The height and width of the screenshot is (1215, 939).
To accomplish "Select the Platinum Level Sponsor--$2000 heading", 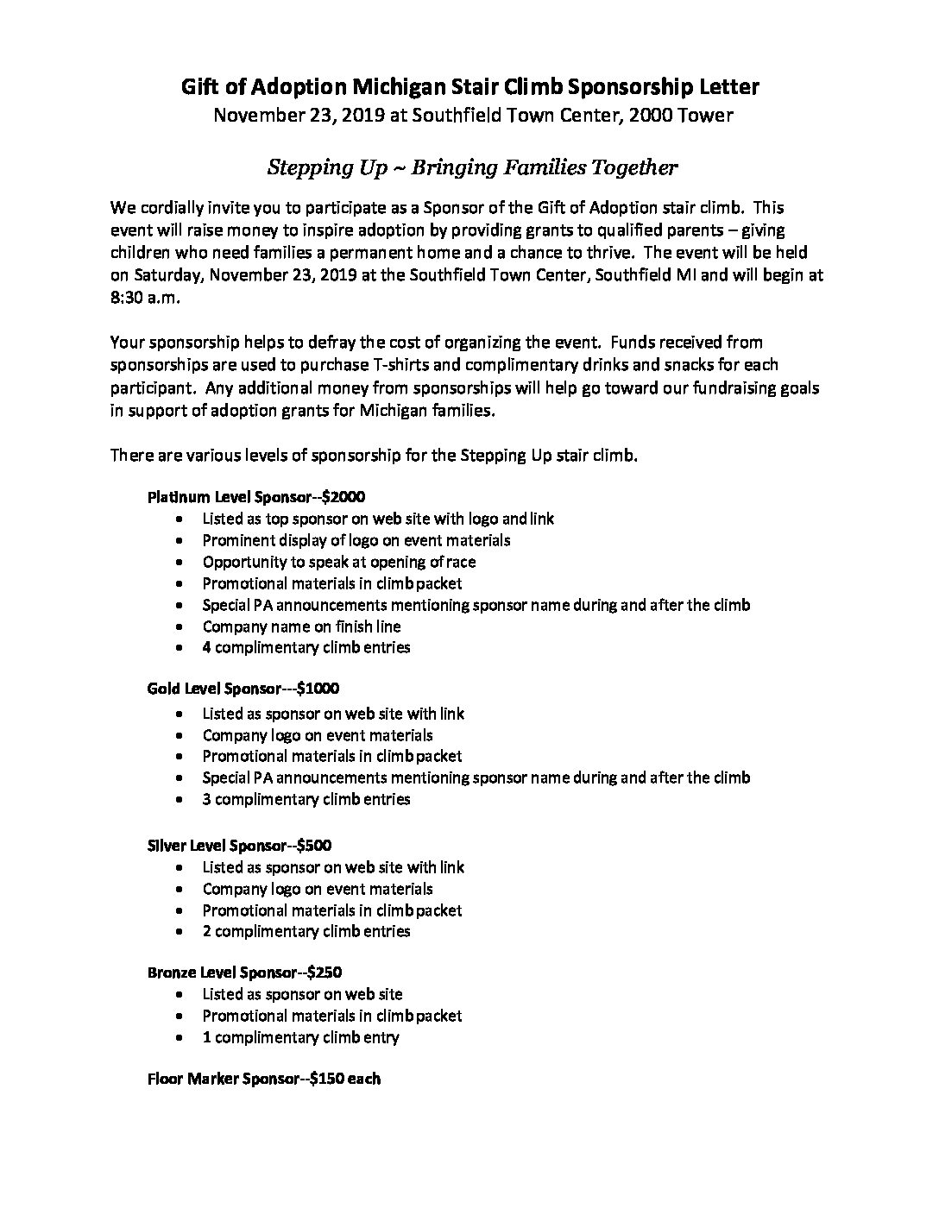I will (x=256, y=497).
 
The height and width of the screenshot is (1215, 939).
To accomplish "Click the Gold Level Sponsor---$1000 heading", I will (x=243, y=689).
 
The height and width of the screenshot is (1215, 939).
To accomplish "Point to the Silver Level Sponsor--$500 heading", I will (x=239, y=846).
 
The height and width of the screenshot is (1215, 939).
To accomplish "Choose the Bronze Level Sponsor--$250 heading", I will (x=244, y=973).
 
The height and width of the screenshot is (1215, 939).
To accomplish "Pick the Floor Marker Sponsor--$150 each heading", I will (x=264, y=1079).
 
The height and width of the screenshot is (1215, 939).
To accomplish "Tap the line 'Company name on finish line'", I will (x=301, y=626).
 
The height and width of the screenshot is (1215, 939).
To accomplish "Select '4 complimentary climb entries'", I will (x=306, y=647).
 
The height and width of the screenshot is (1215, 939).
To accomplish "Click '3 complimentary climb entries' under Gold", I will (x=306, y=799).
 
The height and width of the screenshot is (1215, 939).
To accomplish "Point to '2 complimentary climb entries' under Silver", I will (x=306, y=931).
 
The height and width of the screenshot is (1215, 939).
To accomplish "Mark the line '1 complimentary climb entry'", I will (x=300, y=1037).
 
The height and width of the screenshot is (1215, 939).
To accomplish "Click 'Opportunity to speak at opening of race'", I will (x=339, y=562).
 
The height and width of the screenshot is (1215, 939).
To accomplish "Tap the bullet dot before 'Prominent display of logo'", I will (x=178, y=541).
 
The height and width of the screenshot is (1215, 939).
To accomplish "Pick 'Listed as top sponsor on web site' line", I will (x=378, y=519).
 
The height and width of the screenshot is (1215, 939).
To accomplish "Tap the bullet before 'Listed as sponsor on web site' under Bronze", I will (x=178, y=995).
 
